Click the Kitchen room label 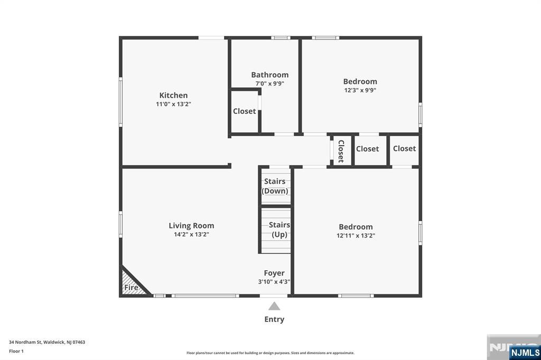173,96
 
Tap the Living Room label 191,225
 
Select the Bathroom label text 269,75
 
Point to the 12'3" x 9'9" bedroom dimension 360,90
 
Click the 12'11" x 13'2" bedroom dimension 356,236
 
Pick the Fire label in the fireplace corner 131,288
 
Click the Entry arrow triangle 274,306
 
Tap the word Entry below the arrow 274,319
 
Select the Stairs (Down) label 275,186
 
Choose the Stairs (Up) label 279,230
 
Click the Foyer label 274,273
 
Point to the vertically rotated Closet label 341,151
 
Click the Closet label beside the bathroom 244,111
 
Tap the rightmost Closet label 404,149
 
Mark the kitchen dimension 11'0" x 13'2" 173,105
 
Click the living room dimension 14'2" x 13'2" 191,234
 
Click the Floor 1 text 16,350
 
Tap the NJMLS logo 525,352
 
